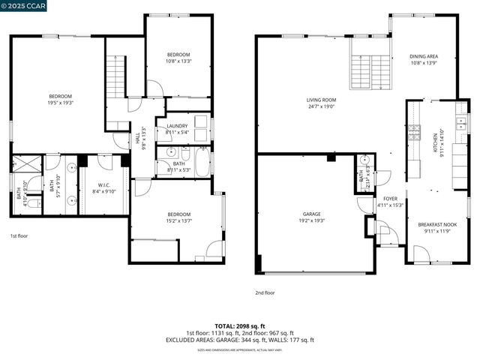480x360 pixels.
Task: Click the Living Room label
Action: click(x=320, y=103)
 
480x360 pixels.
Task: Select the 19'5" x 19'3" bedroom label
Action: click(x=60, y=99)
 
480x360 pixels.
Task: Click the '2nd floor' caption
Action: click(x=265, y=292)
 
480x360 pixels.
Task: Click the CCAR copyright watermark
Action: click(x=24, y=6)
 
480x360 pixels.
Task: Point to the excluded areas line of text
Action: click(x=240, y=340)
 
